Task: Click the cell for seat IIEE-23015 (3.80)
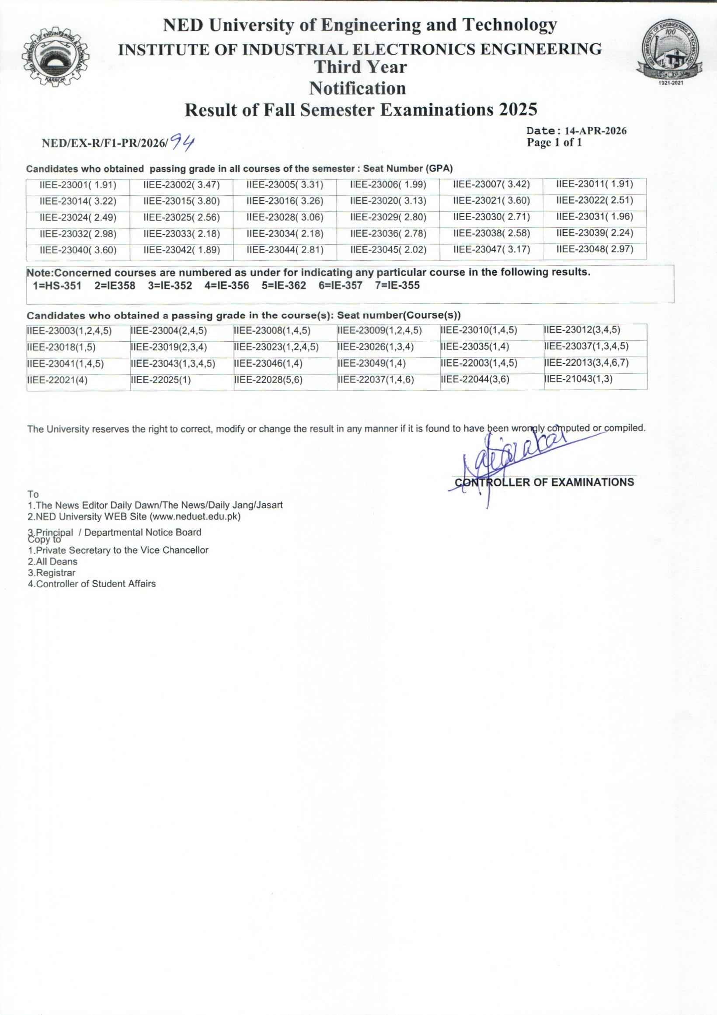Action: pos(182,201)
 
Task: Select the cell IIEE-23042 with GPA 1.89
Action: pos(182,251)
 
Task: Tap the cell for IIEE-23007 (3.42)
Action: pos(491,184)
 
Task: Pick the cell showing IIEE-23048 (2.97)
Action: pos(595,249)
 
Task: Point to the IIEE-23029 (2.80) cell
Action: pos(388,218)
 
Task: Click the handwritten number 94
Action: pos(183,142)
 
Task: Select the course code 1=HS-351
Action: pos(57,286)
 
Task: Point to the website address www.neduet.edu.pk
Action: pos(195,516)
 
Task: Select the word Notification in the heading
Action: pos(357,88)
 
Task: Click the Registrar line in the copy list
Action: pos(52,572)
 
